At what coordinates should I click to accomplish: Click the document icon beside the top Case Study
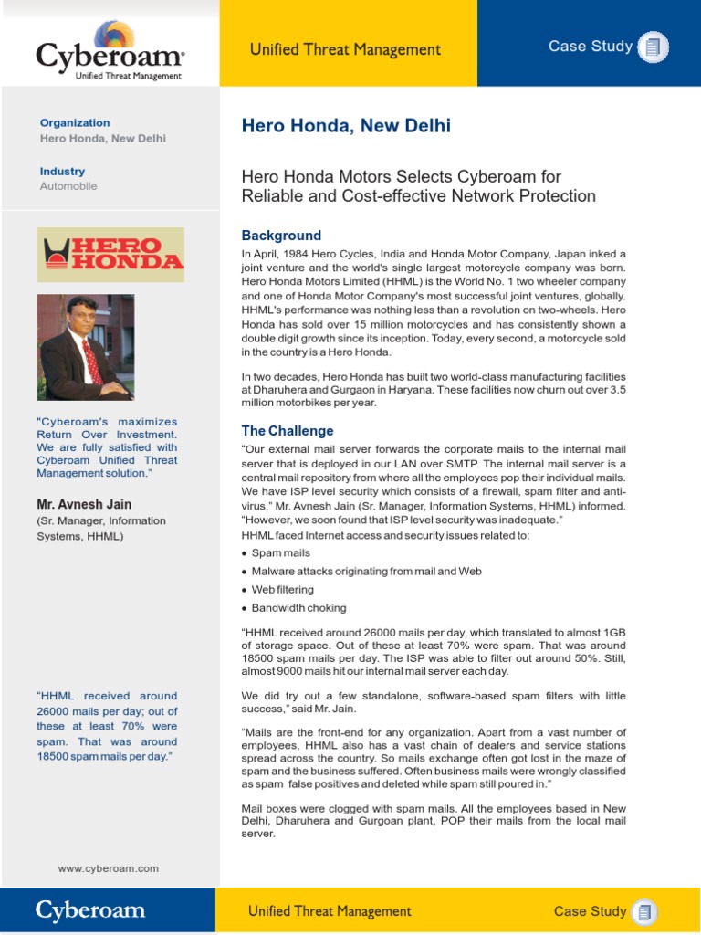pyautogui.click(x=653, y=47)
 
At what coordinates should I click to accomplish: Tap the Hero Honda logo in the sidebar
pyautogui.click(x=110, y=255)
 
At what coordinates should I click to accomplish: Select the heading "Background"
pyautogui.click(x=281, y=236)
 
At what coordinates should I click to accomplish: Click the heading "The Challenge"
pyautogui.click(x=287, y=431)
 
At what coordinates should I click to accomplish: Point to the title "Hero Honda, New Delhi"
pyautogui.click(x=346, y=126)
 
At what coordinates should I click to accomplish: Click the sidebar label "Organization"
pyautogui.click(x=75, y=123)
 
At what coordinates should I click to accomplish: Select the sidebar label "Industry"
pyautogui.click(x=62, y=172)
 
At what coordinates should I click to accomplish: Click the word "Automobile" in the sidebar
pyautogui.click(x=68, y=186)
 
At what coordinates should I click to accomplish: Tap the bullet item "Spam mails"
pyautogui.click(x=280, y=553)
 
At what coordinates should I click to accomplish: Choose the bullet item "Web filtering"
pyautogui.click(x=282, y=590)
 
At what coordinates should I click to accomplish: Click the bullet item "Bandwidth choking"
pyautogui.click(x=298, y=608)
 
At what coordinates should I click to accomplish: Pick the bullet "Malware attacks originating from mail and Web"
pyautogui.click(x=366, y=572)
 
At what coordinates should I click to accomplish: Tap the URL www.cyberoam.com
pyautogui.click(x=109, y=869)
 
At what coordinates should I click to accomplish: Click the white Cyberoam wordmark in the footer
pyautogui.click(x=90, y=910)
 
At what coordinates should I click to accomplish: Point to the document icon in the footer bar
pyautogui.click(x=646, y=911)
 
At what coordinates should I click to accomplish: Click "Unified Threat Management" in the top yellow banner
pyautogui.click(x=345, y=50)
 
